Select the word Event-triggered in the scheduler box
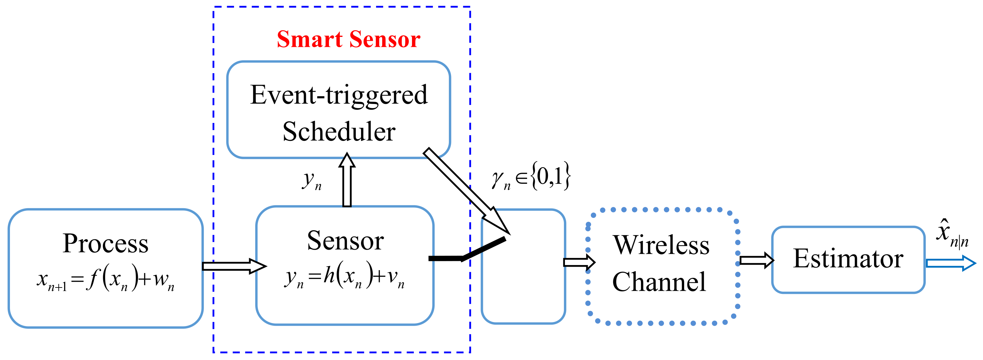[339, 95]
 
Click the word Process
[105, 244]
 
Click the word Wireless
[661, 245]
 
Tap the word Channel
[659, 282]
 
